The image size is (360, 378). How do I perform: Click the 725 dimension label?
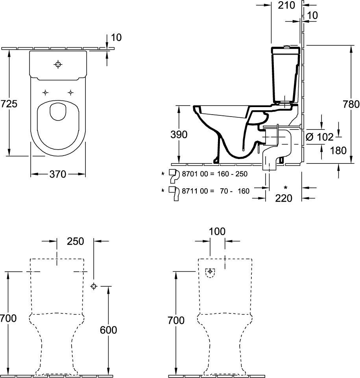coord(9,104)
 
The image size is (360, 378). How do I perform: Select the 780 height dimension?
coord(351,104)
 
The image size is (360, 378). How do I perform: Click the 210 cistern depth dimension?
coord(286,6)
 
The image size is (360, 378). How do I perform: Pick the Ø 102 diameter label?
coord(319,137)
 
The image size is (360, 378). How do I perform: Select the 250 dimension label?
coord(75,241)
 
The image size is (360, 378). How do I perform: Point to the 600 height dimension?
coord(109,330)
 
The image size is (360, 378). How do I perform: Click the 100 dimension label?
coord(217,232)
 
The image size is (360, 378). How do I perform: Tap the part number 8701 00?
coord(192,174)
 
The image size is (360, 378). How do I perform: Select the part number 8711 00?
coord(192,191)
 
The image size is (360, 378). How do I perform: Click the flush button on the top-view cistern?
coord(58,64)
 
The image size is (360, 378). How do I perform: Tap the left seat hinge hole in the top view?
coord(45,93)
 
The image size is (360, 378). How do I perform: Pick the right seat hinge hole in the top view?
coord(70,93)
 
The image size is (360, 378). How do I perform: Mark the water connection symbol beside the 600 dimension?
coord(94,286)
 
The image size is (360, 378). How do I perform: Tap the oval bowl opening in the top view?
coord(58,112)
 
